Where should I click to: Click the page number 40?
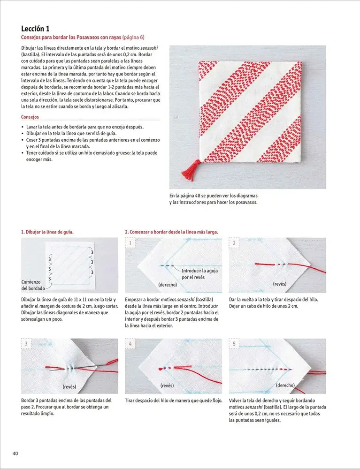click(15, 453)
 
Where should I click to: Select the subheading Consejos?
click(30, 117)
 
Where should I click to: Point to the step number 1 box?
click(130, 243)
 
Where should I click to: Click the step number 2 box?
click(234, 243)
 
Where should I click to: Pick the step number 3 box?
click(26, 344)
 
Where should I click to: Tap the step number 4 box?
click(130, 344)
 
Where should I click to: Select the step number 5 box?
click(234, 344)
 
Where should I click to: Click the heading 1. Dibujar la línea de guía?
click(47, 232)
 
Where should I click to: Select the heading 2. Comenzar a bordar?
click(171, 232)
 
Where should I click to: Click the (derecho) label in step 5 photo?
click(285, 386)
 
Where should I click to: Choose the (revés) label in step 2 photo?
click(280, 284)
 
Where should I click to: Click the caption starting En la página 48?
click(214, 199)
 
